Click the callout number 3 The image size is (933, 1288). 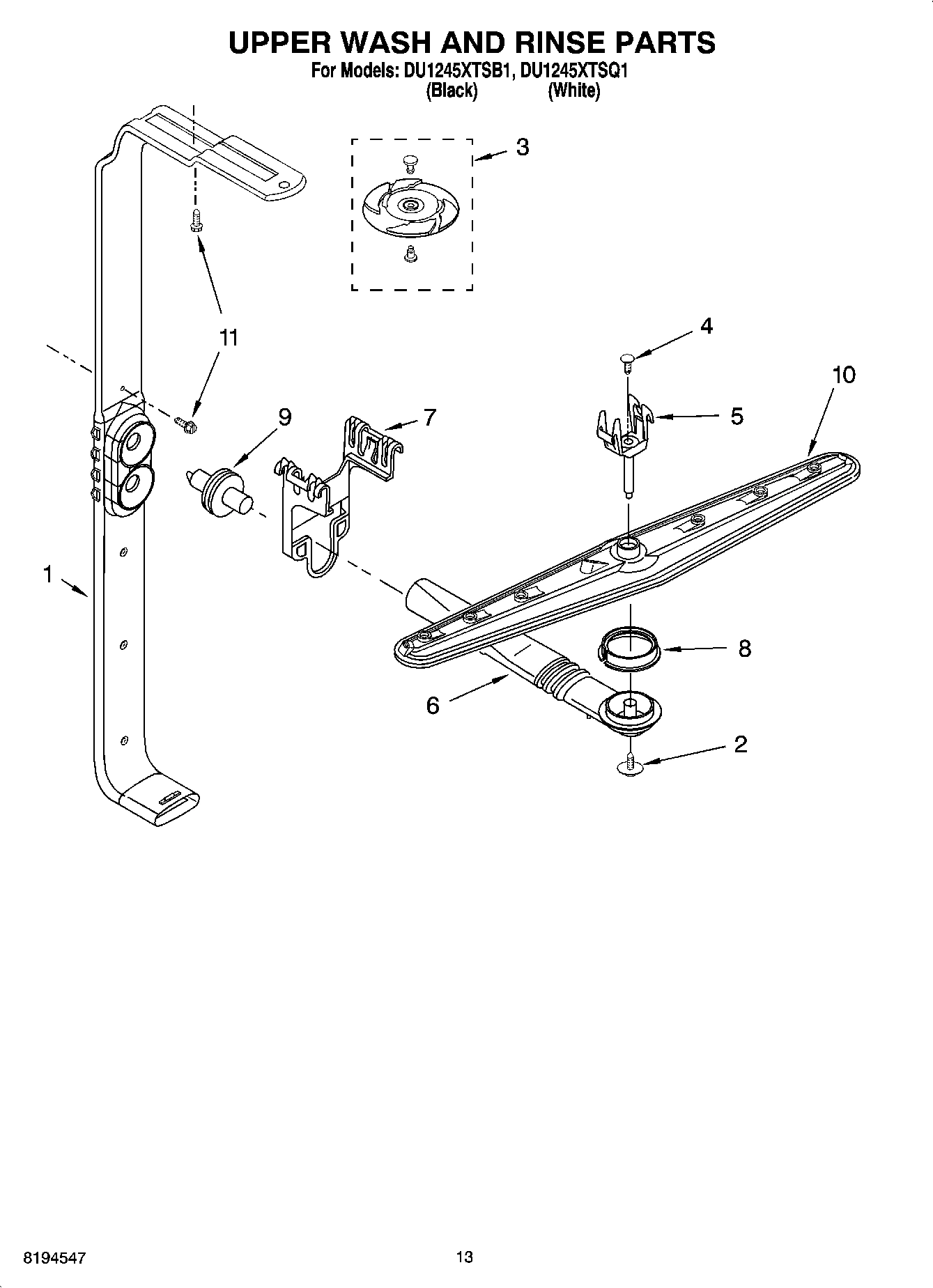(522, 147)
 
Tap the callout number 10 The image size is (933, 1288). (843, 375)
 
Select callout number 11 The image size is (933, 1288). (229, 338)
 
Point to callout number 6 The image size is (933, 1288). (433, 706)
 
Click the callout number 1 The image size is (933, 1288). (47, 575)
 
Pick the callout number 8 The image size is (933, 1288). (744, 649)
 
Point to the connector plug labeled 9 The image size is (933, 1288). (218, 490)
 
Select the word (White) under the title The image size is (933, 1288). (573, 91)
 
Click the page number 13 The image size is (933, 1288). (464, 1257)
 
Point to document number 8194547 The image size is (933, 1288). (55, 1258)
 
